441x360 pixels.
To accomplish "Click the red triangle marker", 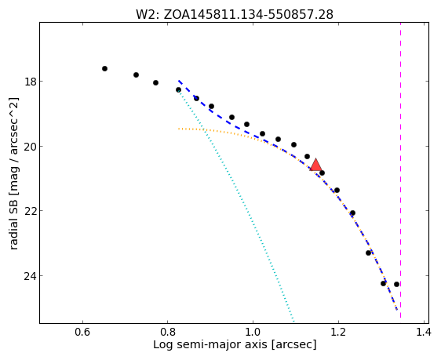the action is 316,165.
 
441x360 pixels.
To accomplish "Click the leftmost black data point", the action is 104,68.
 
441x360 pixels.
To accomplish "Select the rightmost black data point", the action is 396,284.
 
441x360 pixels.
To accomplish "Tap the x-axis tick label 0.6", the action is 82,333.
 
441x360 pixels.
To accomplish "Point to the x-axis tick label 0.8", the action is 168,333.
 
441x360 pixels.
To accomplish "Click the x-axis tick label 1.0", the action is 253,333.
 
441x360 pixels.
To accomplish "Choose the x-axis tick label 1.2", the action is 338,333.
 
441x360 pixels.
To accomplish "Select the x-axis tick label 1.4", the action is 423,333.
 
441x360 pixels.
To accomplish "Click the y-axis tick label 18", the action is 30,82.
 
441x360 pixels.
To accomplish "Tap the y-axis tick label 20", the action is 30,147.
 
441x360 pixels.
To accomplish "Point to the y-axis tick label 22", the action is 30,211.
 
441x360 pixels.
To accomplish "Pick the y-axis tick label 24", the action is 30,276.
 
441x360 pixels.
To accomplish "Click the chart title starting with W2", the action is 235,14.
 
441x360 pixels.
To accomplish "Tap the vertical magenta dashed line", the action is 400,170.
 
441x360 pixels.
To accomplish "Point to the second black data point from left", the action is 136,75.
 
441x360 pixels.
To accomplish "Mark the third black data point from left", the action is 155,82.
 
